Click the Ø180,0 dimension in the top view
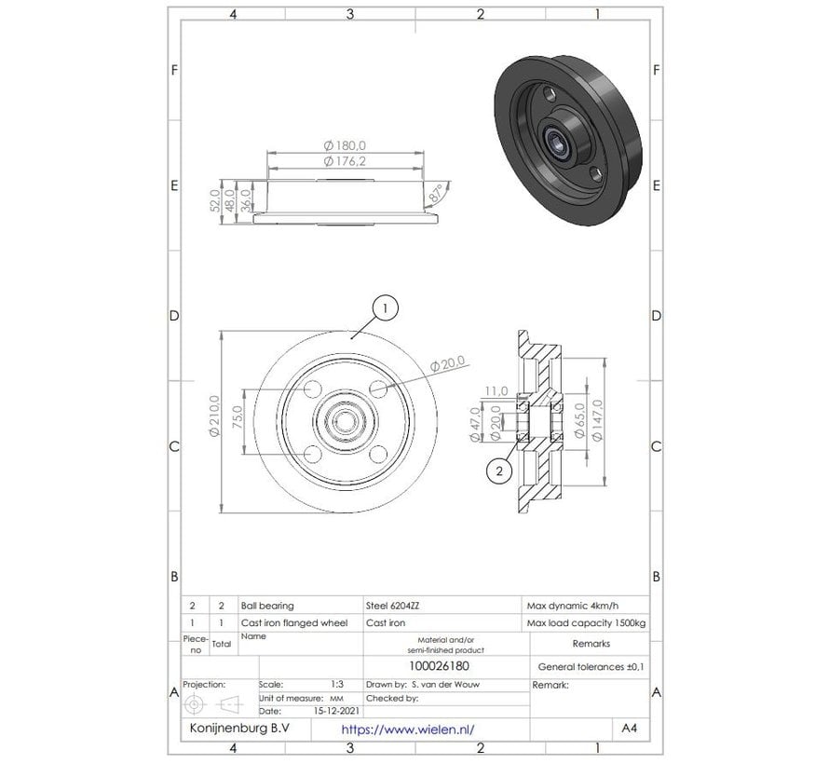pos(345,145)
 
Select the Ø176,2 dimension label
pos(345,161)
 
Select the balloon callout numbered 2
pos(500,471)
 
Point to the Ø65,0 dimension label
pos(579,421)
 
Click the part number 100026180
pos(445,667)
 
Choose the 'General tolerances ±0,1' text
pos(591,667)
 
